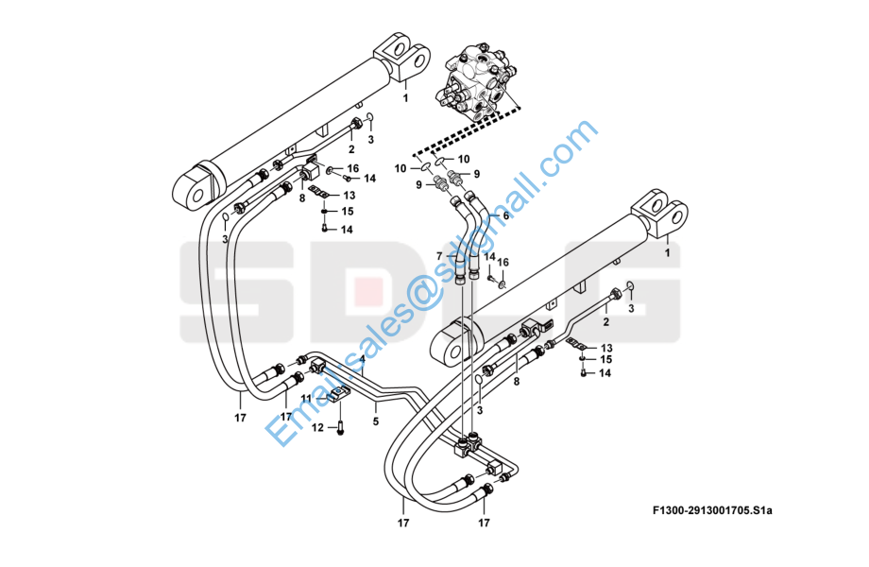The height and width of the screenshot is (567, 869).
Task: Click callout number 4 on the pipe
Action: pos(362,360)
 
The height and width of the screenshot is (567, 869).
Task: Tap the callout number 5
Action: pos(375,421)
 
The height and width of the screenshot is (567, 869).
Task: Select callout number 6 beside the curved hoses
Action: pos(505,216)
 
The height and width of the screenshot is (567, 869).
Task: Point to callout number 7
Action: pos(439,256)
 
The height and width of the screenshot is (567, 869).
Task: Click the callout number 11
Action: pos(306,399)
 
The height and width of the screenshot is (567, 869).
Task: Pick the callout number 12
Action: pos(317,428)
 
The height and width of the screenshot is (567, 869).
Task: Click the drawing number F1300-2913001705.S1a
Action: pos(712,510)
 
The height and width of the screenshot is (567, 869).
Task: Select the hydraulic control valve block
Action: pos(478,83)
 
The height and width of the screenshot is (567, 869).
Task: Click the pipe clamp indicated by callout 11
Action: pos(338,395)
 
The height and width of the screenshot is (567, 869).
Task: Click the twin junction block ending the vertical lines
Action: pos(468,444)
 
